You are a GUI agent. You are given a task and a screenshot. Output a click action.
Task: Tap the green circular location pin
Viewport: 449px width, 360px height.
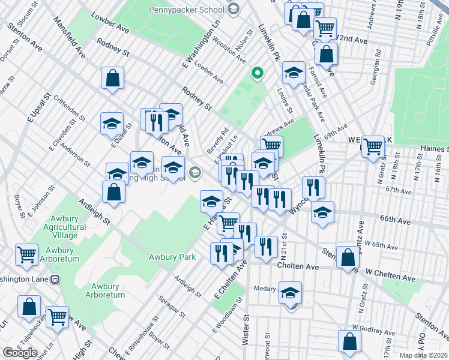click(258, 74)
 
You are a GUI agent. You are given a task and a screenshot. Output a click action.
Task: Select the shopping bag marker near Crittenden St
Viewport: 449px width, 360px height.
click(112, 78)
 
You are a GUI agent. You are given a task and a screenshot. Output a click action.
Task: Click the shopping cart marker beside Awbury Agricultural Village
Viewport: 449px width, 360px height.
click(27, 256)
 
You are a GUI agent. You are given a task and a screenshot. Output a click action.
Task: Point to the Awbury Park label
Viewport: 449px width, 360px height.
click(172, 257)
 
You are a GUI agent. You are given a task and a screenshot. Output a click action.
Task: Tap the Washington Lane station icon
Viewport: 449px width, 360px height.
click(55, 279)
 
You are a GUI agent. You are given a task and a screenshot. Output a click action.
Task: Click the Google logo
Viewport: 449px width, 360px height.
click(20, 353)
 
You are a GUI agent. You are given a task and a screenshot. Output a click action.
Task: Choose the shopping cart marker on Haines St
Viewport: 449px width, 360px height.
click(373, 146)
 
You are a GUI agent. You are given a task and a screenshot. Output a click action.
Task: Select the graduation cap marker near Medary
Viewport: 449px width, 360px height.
click(290, 293)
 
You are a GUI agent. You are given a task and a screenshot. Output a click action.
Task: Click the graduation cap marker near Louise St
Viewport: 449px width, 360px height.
click(293, 73)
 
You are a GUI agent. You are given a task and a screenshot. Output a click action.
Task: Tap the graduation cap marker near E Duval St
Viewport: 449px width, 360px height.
click(112, 124)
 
